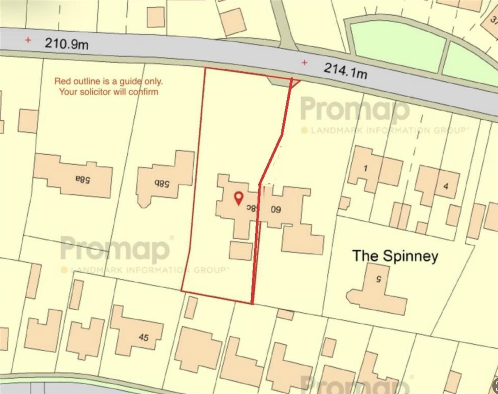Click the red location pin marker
coord(239,198)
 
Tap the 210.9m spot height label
coord(66,44)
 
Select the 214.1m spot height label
coord(345,70)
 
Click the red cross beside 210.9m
coord(28,40)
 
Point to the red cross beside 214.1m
coord(304,62)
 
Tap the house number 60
coord(276,209)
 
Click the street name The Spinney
coord(395,256)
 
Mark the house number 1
coord(366,168)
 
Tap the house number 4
coord(445,186)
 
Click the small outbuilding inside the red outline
coord(241,251)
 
